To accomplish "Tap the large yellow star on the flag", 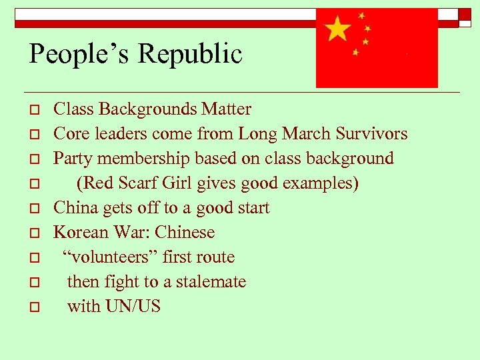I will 338,29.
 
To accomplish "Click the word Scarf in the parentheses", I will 138,183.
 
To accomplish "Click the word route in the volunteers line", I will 214,257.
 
